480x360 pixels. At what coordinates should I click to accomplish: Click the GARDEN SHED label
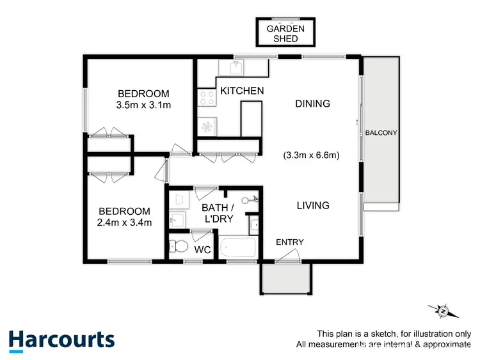click(282, 33)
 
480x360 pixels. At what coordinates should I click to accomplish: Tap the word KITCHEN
click(242, 91)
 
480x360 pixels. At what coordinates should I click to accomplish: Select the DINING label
click(312, 104)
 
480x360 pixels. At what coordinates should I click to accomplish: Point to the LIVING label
click(312, 205)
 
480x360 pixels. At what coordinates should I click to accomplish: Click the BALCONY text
click(382, 133)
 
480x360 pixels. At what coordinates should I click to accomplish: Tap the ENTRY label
click(289, 242)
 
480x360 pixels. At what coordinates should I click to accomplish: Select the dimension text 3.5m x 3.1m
click(143, 105)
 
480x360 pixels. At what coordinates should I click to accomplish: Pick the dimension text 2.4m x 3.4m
click(124, 223)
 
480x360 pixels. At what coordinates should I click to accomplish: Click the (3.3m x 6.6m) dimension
click(310, 155)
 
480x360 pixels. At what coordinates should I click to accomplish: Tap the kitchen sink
click(236, 67)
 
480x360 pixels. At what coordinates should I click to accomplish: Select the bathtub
click(237, 247)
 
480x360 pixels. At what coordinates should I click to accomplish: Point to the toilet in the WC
click(179, 246)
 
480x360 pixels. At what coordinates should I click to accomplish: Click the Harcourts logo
click(61, 340)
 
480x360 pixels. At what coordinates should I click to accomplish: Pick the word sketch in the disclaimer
click(374, 334)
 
